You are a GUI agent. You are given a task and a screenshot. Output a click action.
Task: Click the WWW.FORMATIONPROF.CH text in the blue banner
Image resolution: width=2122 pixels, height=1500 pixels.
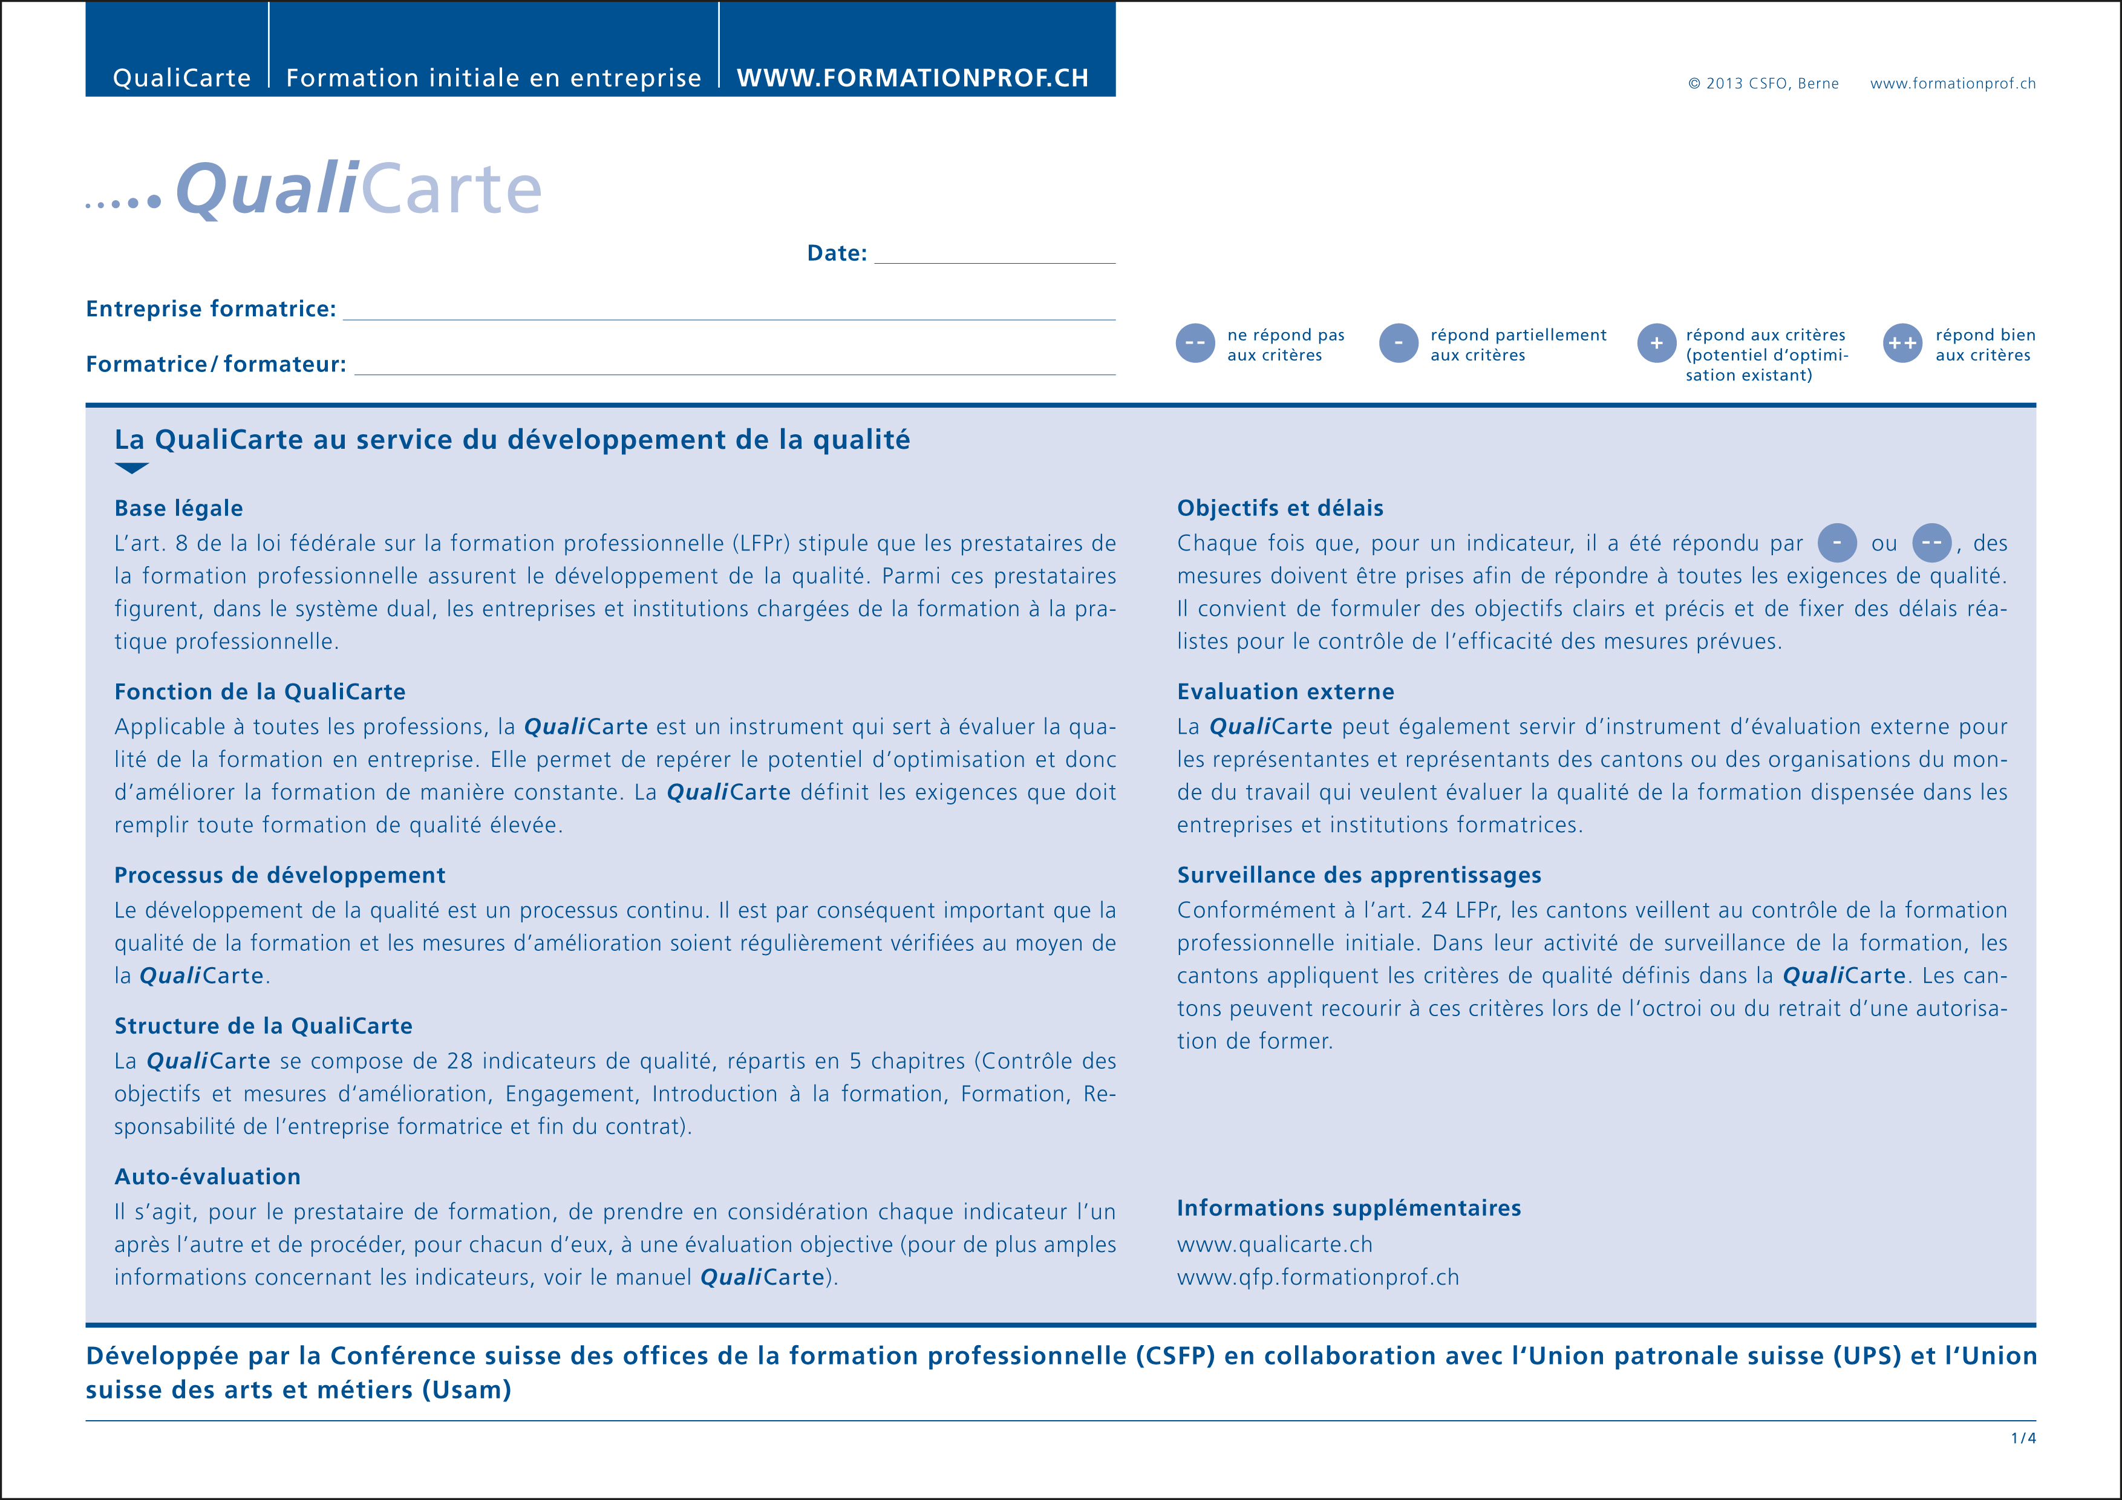tap(912, 77)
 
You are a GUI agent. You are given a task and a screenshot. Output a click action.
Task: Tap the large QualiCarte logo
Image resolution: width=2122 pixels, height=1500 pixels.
tap(359, 189)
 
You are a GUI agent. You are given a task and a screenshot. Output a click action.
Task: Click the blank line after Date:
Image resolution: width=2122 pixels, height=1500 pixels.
tap(994, 255)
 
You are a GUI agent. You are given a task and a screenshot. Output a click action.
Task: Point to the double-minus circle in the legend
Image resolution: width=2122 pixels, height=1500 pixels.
tap(1195, 343)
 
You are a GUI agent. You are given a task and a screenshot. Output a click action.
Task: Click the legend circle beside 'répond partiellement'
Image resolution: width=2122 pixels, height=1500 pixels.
tap(1399, 343)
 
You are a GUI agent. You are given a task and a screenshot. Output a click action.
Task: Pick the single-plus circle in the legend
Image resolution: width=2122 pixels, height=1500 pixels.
tap(1656, 343)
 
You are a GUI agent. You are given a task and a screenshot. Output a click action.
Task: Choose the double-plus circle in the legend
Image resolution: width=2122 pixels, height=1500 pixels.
tap(1902, 343)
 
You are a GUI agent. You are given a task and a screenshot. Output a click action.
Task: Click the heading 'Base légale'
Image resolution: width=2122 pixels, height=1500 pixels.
tap(178, 508)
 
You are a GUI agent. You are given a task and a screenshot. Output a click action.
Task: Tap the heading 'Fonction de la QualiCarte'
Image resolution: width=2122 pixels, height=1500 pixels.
tap(260, 692)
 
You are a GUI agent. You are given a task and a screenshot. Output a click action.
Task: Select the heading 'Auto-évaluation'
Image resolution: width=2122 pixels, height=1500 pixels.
tap(207, 1176)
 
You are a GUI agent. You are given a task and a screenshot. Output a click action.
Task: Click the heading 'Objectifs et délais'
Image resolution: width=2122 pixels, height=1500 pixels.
tap(1280, 508)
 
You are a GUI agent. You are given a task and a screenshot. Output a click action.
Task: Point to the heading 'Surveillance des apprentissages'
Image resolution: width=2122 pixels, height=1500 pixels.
tap(1359, 875)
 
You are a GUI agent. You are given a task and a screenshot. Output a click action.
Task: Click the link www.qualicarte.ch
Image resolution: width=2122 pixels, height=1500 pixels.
tap(1275, 1245)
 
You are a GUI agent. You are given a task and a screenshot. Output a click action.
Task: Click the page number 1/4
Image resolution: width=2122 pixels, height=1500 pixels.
tap(2023, 1438)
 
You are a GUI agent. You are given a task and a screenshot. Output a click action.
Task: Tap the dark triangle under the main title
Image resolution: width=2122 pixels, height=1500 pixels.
tap(131, 468)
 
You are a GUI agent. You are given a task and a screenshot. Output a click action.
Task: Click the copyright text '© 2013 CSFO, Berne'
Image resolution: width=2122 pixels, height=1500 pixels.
tap(1763, 83)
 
